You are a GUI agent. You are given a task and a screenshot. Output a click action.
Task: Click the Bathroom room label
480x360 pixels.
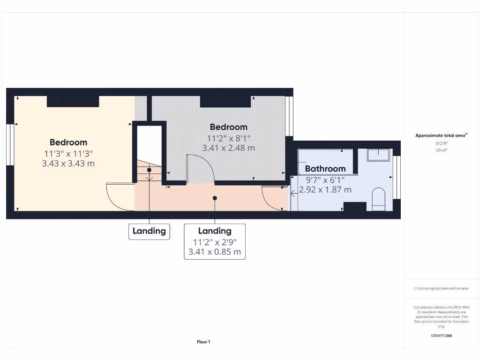coord(325,169)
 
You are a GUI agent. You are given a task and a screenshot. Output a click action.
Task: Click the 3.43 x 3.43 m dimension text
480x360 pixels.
coord(69,164)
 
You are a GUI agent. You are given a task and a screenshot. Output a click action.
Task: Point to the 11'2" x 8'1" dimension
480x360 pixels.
coord(228,138)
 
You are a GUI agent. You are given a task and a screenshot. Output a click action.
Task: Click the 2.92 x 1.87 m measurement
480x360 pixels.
coord(325,190)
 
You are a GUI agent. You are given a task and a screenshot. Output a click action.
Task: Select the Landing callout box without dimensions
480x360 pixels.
coord(149,231)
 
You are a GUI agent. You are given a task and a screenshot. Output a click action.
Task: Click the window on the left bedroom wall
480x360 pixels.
coord(10,144)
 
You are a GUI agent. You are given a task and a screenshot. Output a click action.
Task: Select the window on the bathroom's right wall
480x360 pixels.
coord(397,177)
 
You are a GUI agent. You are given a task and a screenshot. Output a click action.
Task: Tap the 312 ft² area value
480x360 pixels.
coord(441,143)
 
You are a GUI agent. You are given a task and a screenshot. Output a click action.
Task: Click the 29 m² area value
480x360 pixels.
coord(441,150)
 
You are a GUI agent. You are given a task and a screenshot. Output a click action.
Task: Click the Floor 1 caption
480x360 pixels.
coord(203,342)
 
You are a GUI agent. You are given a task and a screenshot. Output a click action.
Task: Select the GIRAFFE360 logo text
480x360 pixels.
coord(441,336)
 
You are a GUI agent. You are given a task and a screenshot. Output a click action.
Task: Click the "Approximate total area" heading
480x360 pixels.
coord(441,135)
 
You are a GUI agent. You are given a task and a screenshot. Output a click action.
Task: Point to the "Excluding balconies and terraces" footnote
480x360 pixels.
coord(441,289)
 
